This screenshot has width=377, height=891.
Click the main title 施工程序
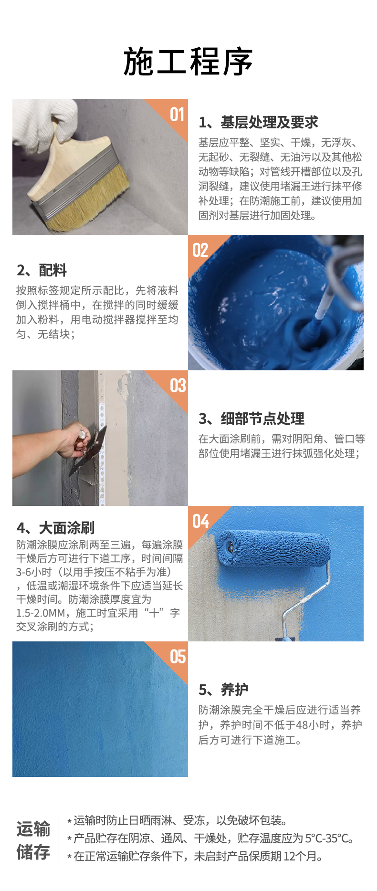pos(188,62)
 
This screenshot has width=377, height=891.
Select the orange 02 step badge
pos(200,250)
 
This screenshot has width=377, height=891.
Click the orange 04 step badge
pos(201,521)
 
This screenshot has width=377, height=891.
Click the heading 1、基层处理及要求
pos(258,123)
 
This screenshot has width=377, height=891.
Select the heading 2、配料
pos(42,271)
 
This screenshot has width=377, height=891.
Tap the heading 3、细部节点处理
pos(251,419)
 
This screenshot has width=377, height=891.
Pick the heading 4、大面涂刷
pos(55,528)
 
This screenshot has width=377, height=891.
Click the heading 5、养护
pos(223,690)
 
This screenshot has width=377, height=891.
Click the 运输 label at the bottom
pos(33,829)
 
